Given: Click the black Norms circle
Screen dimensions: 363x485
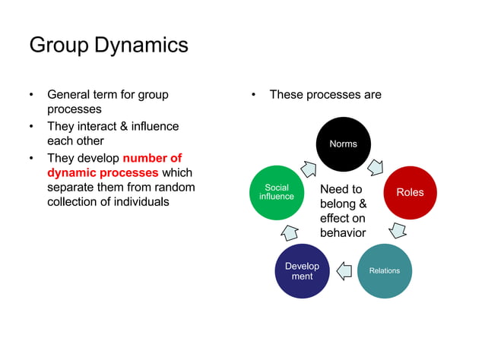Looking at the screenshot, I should point(343,144).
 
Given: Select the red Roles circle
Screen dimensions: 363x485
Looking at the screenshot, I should point(411,192).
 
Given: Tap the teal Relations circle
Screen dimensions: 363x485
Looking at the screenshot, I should point(384,270).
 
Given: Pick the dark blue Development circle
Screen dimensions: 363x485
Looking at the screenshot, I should point(302,271).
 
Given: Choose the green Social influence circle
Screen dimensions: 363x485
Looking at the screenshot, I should point(277,192).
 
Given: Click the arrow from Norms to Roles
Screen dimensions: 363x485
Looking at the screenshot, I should point(376,166).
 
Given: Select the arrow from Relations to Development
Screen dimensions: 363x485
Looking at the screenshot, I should point(344,269).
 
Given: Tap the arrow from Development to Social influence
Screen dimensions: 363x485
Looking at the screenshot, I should point(290,232).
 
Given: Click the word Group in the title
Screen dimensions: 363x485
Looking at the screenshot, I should point(59,45).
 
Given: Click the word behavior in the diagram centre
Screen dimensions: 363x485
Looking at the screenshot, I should point(343,232).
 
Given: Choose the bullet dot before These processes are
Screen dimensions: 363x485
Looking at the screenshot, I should point(254,95).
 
